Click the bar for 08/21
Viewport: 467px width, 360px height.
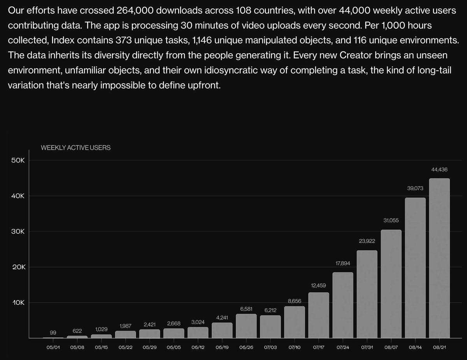click(439, 258)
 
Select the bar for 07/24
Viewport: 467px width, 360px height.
click(343, 305)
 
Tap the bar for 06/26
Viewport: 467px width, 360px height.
click(246, 326)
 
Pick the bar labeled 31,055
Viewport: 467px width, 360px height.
click(391, 284)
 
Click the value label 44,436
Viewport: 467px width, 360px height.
click(439, 170)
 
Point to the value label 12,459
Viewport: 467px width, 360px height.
click(318, 285)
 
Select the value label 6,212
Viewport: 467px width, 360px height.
click(270, 310)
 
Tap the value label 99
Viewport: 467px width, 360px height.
click(53, 332)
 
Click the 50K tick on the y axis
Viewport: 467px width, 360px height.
click(18, 160)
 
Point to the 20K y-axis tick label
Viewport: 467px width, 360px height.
click(19, 267)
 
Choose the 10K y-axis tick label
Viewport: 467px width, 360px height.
click(19, 303)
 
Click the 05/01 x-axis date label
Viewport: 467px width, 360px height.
click(53, 347)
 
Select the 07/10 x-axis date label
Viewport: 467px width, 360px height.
click(295, 347)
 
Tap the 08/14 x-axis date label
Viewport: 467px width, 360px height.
click(415, 347)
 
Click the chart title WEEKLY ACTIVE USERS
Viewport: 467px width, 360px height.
click(75, 148)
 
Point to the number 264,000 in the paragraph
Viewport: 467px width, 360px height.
click(135, 10)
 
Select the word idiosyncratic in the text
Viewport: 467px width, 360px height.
click(231, 70)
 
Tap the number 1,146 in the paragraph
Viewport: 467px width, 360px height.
click(202, 40)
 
